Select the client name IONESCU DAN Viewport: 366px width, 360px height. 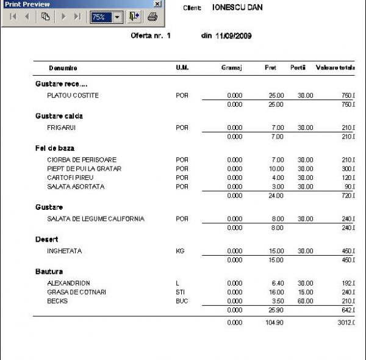point(237,8)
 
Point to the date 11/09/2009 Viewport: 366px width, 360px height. point(234,36)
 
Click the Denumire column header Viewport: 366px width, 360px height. point(63,68)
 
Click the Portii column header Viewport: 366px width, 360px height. point(298,68)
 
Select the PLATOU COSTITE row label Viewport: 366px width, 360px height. point(73,96)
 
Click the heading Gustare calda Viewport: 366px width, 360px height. point(59,116)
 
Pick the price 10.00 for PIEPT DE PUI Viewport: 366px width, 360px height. point(276,168)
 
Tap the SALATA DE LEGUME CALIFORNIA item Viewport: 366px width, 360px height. point(96,218)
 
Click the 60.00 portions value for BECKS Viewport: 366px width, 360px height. point(305,301)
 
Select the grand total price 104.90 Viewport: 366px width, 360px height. point(274,322)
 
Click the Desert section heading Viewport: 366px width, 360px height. point(46,239)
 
